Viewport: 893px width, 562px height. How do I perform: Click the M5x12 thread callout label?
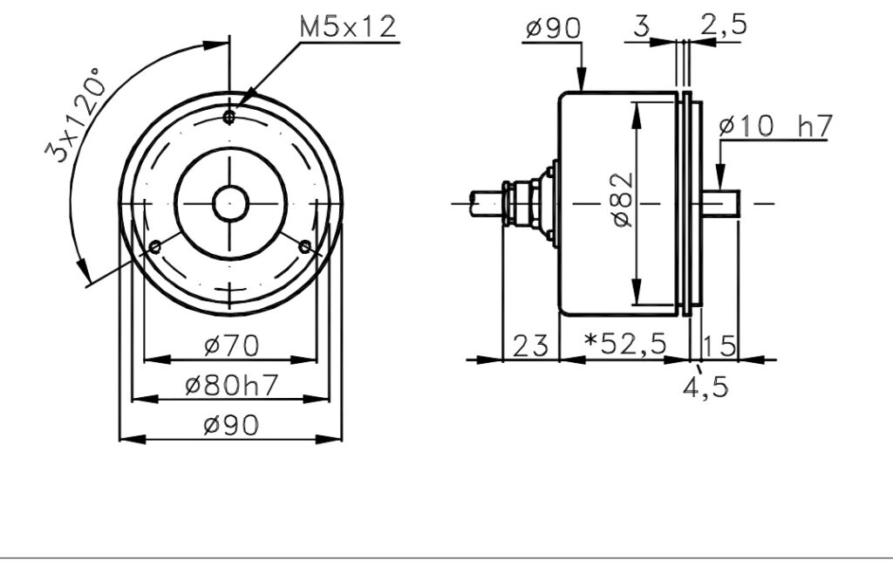click(347, 27)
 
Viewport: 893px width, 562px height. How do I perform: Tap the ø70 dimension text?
click(232, 346)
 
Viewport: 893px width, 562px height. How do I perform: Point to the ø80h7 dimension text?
click(231, 386)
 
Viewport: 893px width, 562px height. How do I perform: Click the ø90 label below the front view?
click(231, 425)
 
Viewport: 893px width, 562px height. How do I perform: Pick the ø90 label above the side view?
click(553, 28)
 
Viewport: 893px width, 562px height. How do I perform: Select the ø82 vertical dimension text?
click(624, 200)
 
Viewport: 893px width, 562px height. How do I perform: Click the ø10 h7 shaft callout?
click(775, 126)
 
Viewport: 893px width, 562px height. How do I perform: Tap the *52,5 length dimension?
click(625, 343)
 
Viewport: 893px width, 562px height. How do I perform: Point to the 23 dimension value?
click(531, 346)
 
